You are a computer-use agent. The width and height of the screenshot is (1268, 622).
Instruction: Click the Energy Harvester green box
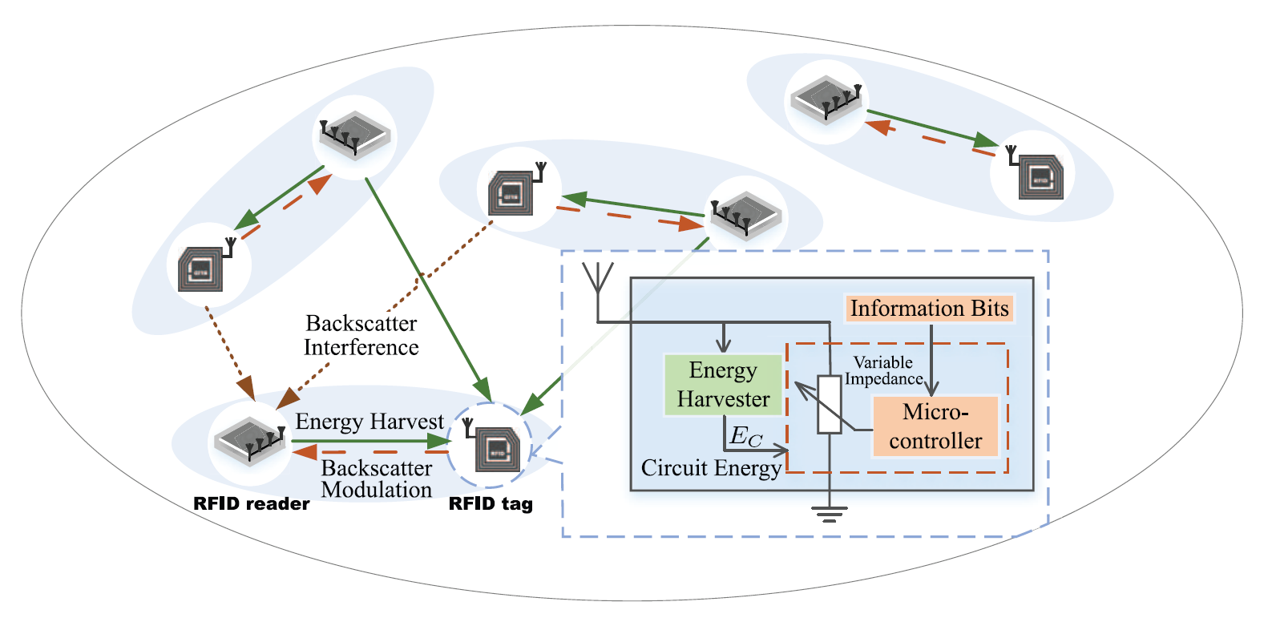(x=723, y=385)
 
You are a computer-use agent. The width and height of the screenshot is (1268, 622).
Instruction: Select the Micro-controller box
(x=935, y=426)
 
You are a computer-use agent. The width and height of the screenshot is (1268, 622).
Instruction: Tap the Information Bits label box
(x=929, y=309)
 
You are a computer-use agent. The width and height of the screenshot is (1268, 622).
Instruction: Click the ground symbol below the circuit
(x=830, y=514)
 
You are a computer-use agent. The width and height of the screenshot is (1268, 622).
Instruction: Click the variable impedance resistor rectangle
(x=830, y=405)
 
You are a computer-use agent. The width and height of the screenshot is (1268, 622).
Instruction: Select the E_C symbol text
(x=746, y=437)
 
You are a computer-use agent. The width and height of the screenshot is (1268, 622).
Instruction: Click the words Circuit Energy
(x=711, y=468)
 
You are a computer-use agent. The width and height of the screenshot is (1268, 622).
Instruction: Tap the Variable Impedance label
(x=883, y=371)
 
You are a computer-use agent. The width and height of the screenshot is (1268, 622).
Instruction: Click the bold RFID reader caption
(x=251, y=504)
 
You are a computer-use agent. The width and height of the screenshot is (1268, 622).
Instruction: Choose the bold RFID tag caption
(x=491, y=504)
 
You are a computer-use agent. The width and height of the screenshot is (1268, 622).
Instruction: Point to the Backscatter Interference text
(x=361, y=335)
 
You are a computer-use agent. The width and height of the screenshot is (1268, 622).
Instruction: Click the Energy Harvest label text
(x=369, y=422)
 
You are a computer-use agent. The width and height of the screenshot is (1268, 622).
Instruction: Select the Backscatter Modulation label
(x=377, y=479)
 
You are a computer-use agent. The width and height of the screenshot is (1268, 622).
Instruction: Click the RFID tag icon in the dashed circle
(x=497, y=449)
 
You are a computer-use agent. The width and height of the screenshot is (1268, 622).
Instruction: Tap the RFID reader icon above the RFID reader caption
(x=250, y=441)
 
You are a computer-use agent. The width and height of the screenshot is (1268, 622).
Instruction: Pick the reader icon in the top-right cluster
(x=826, y=100)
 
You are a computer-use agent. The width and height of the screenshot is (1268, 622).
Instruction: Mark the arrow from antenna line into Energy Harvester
(x=724, y=337)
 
